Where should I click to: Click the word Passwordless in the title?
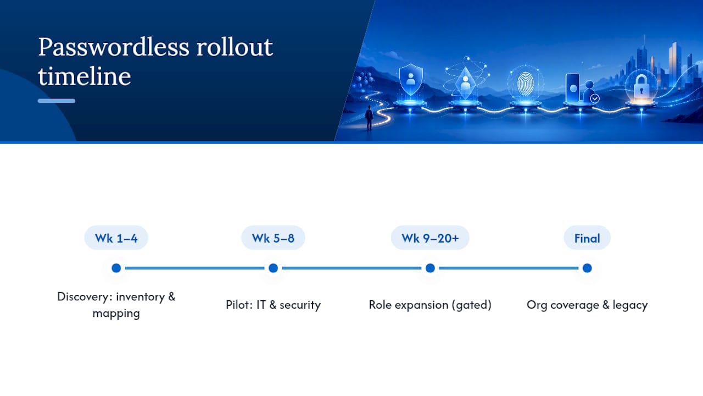coord(114,47)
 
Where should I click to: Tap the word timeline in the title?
coord(85,76)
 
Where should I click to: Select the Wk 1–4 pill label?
coord(116,238)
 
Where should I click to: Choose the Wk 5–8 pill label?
coord(273,238)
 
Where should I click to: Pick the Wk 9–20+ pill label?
coord(430,238)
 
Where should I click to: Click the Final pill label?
coord(587,238)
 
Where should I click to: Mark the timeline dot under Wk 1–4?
coord(116,268)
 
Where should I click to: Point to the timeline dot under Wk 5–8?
coord(274,268)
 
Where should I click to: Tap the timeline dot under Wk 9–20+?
coord(430,268)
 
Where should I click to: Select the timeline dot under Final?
coord(587,268)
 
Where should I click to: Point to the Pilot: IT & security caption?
coord(274,305)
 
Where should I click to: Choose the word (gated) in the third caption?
coord(471,305)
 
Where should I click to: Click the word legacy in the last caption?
coord(630,305)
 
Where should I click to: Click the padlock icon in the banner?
coord(641,87)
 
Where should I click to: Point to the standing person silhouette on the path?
coord(370,118)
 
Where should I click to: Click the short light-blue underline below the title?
coord(57,101)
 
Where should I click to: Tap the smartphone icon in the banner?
coord(572,87)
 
